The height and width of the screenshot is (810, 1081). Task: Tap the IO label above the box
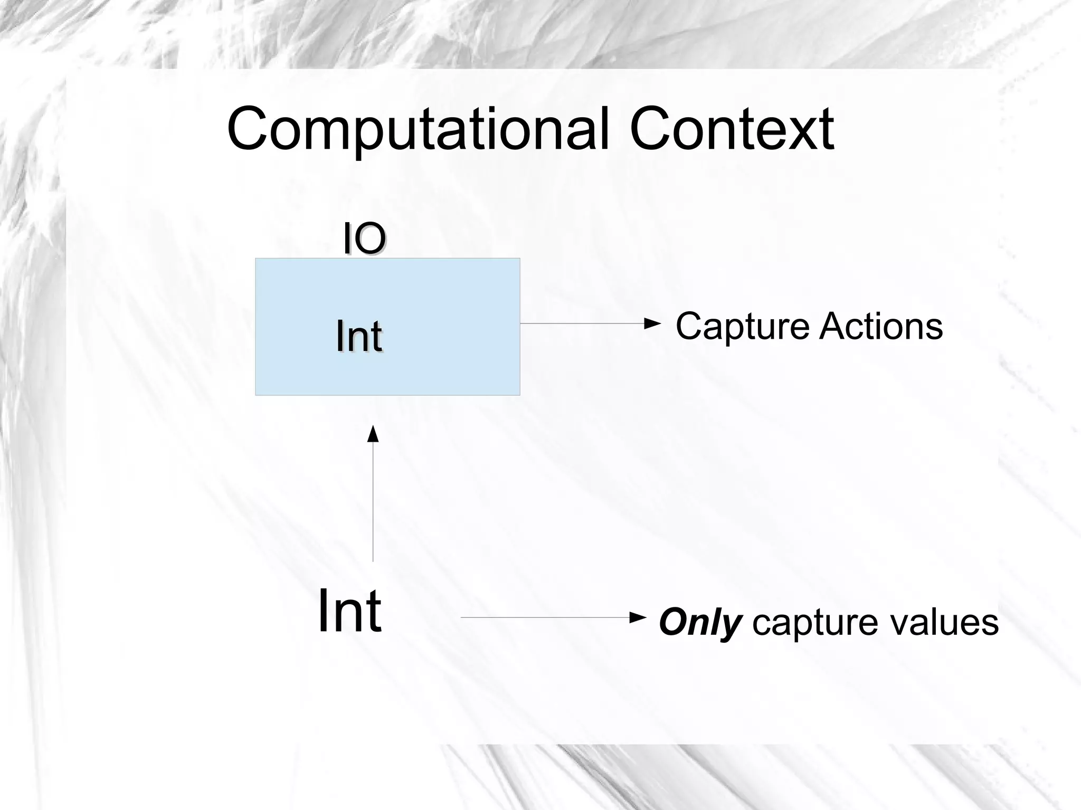pyautogui.click(x=364, y=239)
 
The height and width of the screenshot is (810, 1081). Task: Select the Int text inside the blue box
pyautogui.click(x=359, y=336)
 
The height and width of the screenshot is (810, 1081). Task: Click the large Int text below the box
pyautogui.click(x=349, y=611)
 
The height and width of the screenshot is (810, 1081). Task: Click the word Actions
pyautogui.click(x=881, y=327)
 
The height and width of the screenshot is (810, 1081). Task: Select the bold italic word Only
pyautogui.click(x=700, y=623)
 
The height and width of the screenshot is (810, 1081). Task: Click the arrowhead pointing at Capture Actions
pyautogui.click(x=653, y=323)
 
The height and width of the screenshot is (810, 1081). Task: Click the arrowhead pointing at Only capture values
pyautogui.click(x=639, y=617)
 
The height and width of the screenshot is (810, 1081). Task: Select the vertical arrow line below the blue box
pyautogui.click(x=373, y=501)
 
